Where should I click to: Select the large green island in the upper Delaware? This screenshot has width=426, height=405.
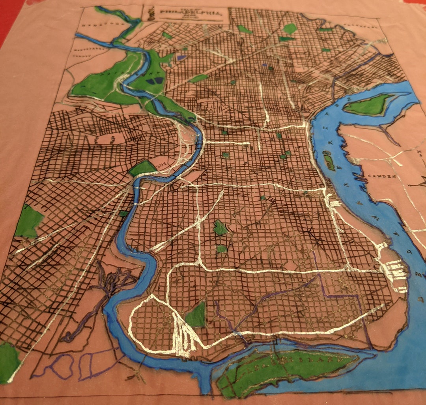click(368, 105)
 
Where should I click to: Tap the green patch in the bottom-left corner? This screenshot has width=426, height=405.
click(8, 362)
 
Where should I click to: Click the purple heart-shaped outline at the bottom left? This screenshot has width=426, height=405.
click(63, 364)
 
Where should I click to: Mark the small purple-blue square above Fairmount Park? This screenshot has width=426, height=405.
click(182, 58)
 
